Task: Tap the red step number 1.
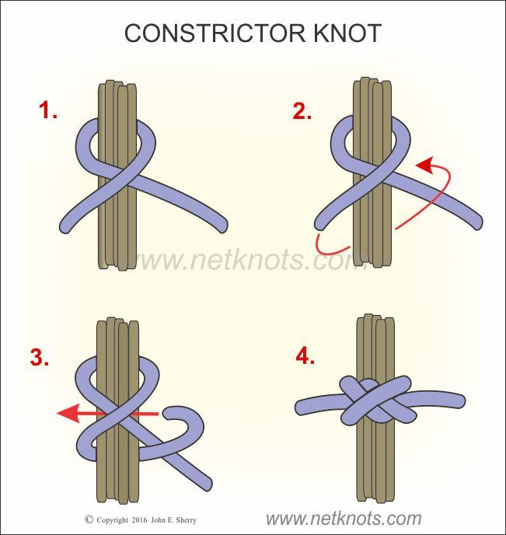(49, 111)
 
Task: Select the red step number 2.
(302, 111)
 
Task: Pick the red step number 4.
(306, 358)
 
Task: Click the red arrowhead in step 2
(422, 165)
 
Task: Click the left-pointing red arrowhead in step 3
(66, 414)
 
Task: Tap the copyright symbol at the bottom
(89, 519)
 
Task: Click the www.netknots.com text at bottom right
(344, 519)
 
